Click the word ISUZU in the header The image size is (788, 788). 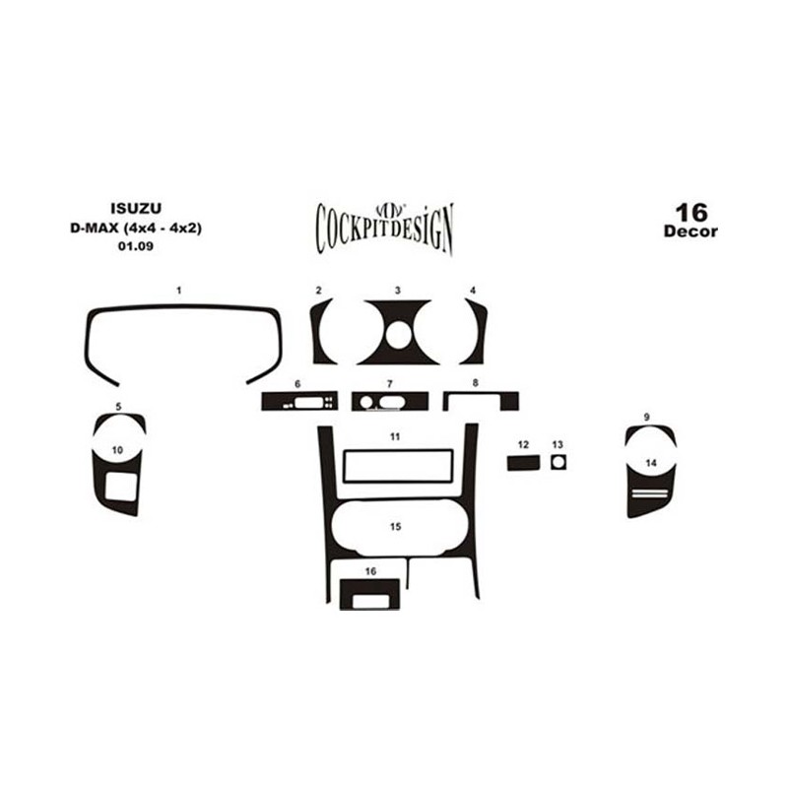pyautogui.click(x=136, y=208)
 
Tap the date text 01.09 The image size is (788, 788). pyautogui.click(x=136, y=246)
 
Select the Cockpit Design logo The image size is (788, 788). pyautogui.click(x=384, y=229)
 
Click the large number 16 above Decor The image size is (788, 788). pyautogui.click(x=691, y=213)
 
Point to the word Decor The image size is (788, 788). pyautogui.click(x=690, y=231)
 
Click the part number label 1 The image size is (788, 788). pyautogui.click(x=179, y=291)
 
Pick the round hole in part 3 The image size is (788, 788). pyautogui.click(x=398, y=335)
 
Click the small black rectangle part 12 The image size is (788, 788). pyautogui.click(x=523, y=463)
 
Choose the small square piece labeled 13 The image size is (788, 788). pyautogui.click(x=558, y=462)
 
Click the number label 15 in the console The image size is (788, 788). pyautogui.click(x=396, y=527)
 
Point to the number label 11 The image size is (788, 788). pyautogui.click(x=395, y=436)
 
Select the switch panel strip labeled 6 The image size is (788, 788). pyautogui.click(x=299, y=402)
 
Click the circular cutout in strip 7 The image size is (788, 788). pyautogui.click(x=366, y=402)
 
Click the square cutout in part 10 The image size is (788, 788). pyautogui.click(x=121, y=487)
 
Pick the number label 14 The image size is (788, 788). pyautogui.click(x=651, y=463)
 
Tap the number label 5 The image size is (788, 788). pyautogui.click(x=118, y=406)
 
